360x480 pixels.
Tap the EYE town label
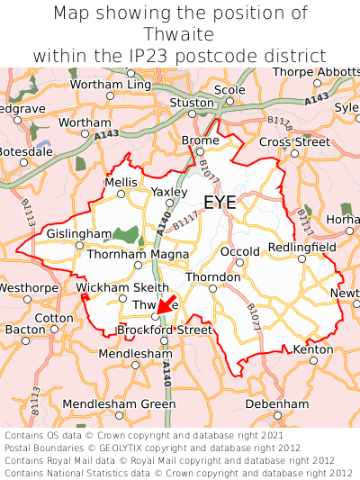(220, 203)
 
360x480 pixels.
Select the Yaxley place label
(169, 192)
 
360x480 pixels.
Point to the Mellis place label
(121, 182)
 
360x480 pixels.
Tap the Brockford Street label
(165, 331)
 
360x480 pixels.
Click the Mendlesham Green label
(120, 404)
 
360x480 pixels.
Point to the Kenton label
(313, 349)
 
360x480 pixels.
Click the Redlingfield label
(301, 247)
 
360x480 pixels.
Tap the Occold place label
(239, 252)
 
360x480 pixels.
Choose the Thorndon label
(213, 277)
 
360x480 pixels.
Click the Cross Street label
(294, 142)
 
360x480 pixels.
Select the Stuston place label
(192, 103)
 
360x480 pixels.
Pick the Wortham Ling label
(110, 85)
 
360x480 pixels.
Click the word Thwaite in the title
(180, 34)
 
